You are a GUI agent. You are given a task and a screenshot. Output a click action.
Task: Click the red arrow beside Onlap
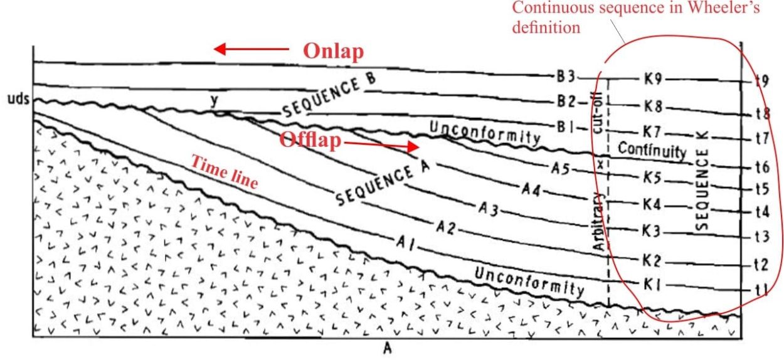[252, 49]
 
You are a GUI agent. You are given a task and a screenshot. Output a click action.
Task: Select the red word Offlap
[310, 140]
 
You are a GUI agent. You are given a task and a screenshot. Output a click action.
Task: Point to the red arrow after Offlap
[381, 145]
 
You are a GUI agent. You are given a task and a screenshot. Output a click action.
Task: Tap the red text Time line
[225, 172]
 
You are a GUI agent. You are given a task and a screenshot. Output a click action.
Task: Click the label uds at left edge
[19, 98]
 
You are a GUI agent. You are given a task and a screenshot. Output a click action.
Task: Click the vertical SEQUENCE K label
[702, 181]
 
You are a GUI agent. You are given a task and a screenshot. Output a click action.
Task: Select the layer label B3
[566, 77]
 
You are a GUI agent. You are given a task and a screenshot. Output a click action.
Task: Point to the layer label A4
[531, 189]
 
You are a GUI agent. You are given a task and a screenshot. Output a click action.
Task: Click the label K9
[653, 80]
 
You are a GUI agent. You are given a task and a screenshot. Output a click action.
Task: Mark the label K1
[652, 285]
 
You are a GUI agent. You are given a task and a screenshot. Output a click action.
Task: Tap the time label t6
[761, 167]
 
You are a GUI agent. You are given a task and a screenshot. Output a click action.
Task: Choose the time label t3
[761, 237]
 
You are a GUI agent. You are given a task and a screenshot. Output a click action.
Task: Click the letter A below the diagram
[388, 349]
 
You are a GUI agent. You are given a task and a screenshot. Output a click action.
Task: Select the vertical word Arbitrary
[600, 221]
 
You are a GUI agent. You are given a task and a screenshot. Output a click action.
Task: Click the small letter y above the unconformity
[215, 101]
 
